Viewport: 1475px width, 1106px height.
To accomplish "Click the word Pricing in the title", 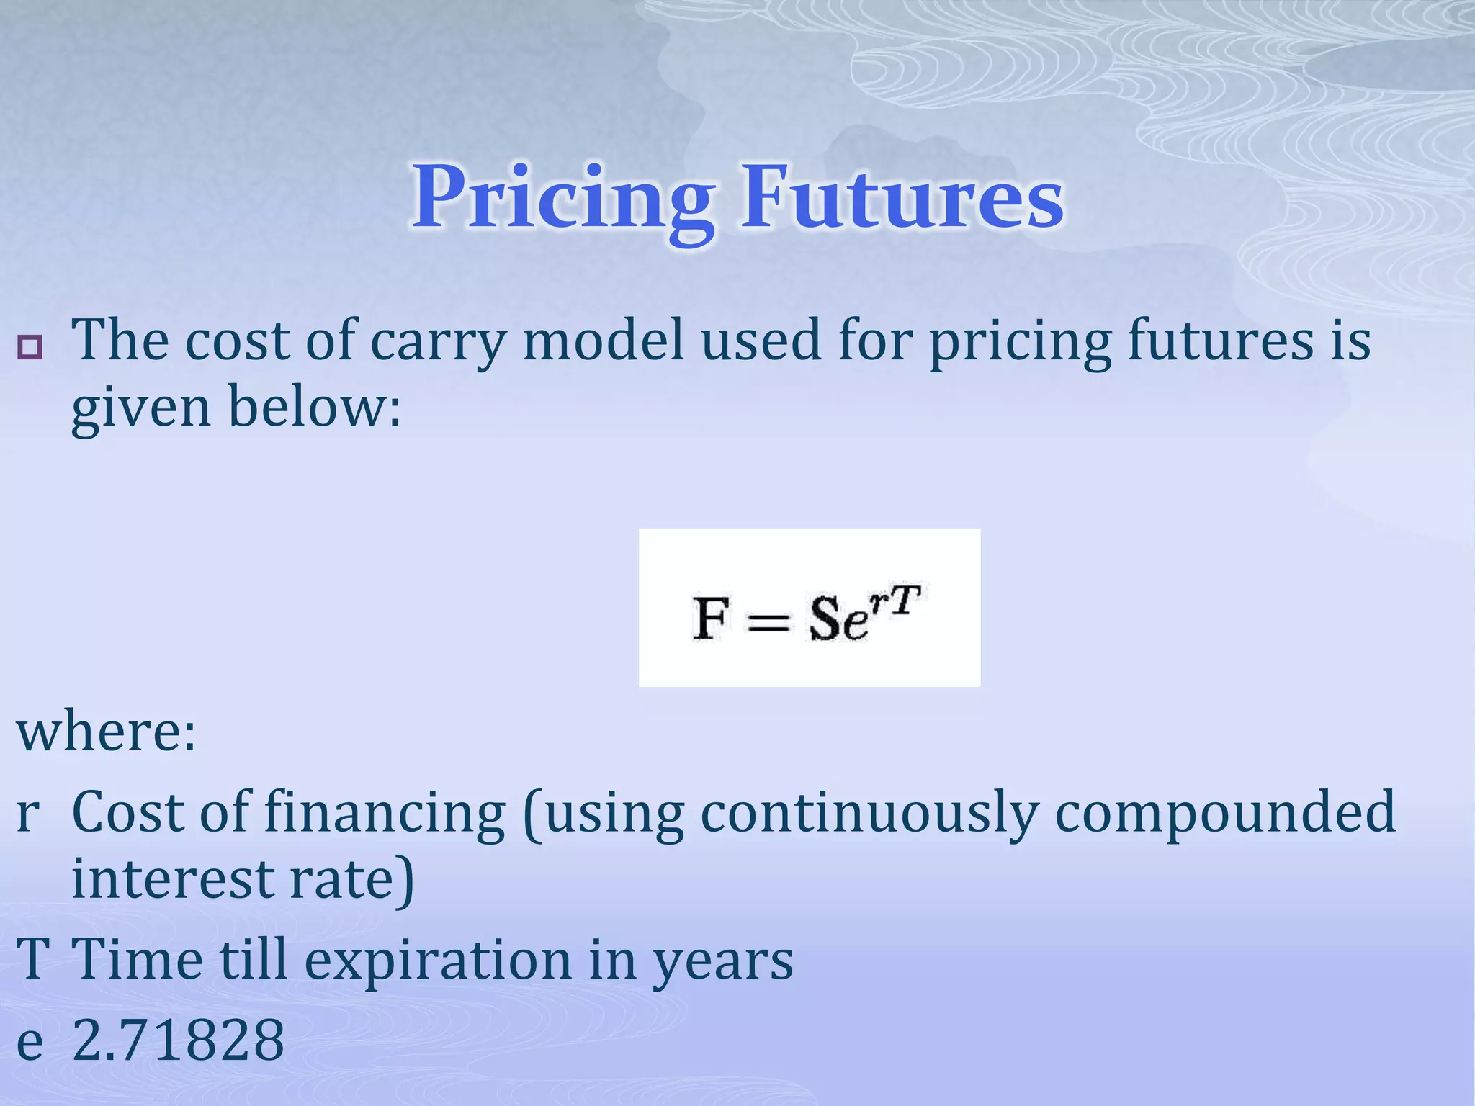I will [x=562, y=198].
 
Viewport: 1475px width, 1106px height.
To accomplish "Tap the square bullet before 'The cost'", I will [x=30, y=348].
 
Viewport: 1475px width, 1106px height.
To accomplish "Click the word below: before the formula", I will [x=314, y=407].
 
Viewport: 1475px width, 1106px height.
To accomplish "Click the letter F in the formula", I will [x=709, y=619].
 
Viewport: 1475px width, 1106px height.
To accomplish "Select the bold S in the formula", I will [x=825, y=619].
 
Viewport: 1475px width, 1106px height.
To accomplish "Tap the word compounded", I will [x=1224, y=812].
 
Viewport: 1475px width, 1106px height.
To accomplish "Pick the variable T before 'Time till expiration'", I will [x=32, y=960].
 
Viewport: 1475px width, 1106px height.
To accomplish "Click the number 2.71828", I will [x=179, y=1040].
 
